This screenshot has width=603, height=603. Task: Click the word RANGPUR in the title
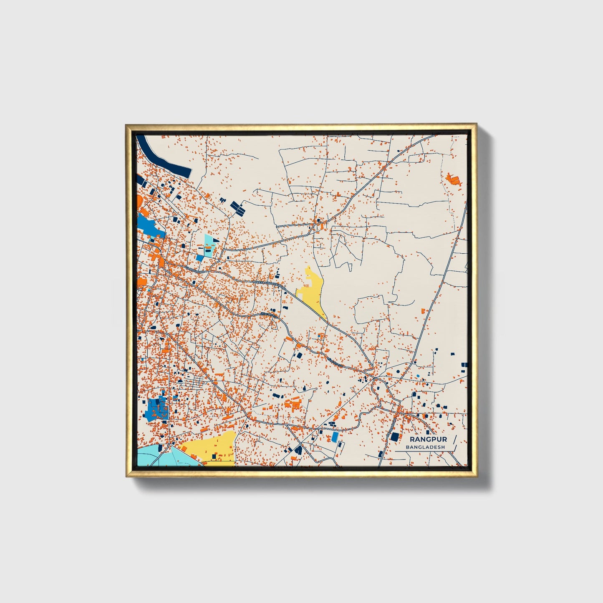[x=428, y=439]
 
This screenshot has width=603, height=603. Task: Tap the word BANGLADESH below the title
[x=426, y=447]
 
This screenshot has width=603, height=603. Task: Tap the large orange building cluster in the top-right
[x=453, y=180]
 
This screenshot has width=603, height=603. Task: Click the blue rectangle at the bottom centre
[x=335, y=437]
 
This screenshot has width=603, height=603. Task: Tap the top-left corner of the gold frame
[x=128, y=126]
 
